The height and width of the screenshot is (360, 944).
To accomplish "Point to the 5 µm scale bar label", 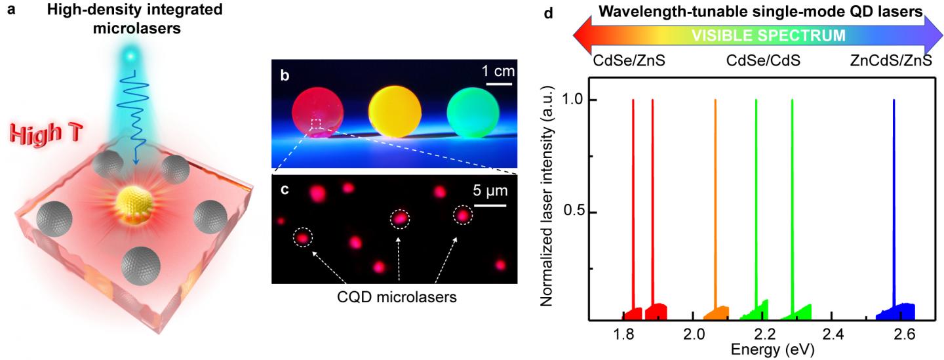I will (488, 193).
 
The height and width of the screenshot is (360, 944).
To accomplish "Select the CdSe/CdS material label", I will (763, 61).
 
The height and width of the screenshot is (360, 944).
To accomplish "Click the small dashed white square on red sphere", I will (317, 123).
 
